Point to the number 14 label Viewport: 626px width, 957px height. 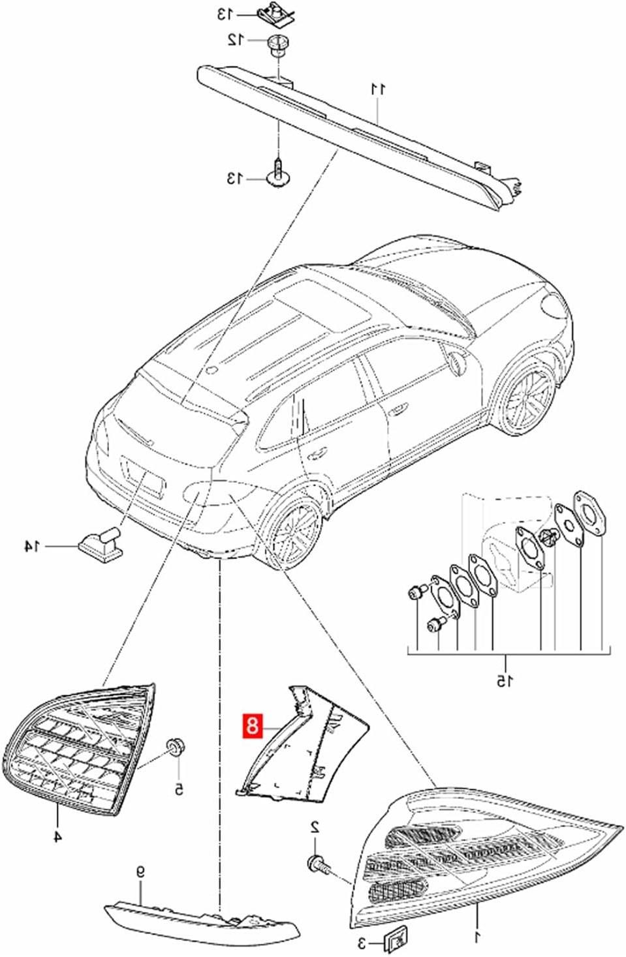coord(31,545)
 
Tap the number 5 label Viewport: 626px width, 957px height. coord(178,789)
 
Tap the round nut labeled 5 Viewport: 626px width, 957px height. coord(175,746)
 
